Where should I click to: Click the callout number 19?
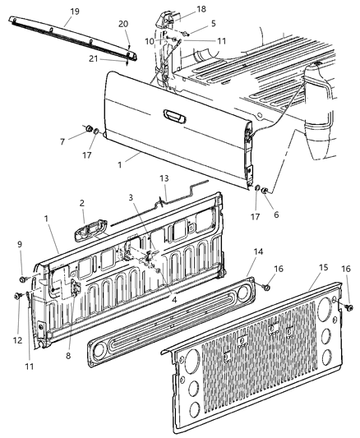click(x=75, y=11)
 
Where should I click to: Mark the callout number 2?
click(x=81, y=202)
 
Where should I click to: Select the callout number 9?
click(x=20, y=244)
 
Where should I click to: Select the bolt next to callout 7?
click(x=86, y=129)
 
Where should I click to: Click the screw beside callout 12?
click(x=17, y=295)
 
